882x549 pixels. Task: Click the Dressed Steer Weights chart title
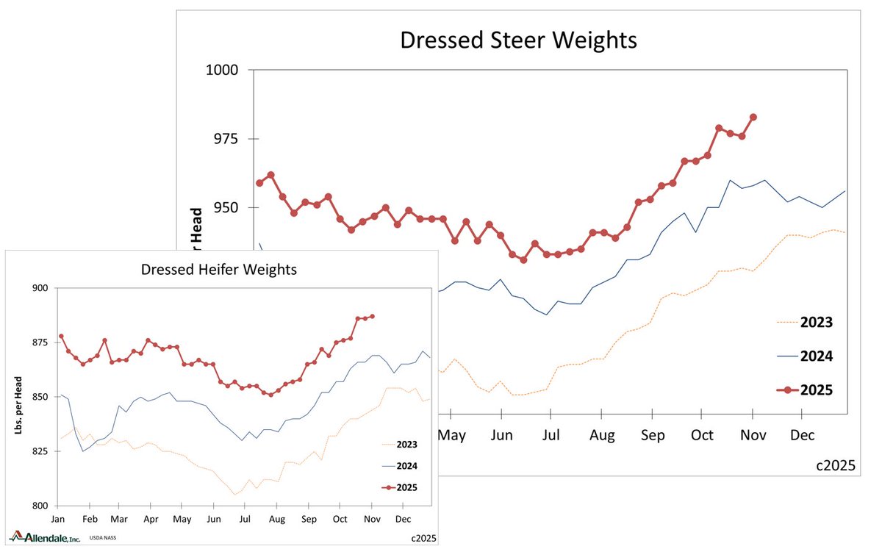tap(518, 40)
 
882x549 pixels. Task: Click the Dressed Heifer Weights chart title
tap(219, 270)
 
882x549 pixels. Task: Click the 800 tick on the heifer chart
tap(40, 506)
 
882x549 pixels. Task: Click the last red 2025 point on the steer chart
tap(753, 117)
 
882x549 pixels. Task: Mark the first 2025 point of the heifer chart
tap(61, 336)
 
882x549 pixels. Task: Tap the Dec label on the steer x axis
tap(803, 435)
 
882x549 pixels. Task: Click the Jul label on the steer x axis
tap(552, 435)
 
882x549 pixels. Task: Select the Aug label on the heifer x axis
tap(277, 519)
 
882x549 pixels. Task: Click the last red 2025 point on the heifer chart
tap(373, 316)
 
